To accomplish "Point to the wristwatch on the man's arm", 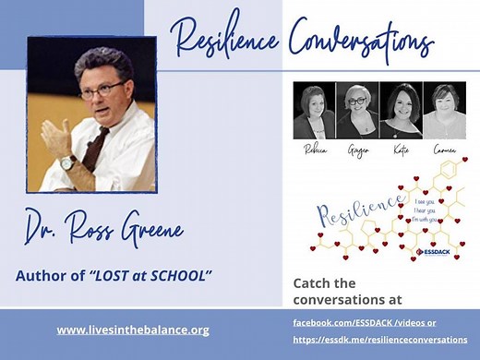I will pyautogui.click(x=67, y=162).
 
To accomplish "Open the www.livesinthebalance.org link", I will pyautogui.click(x=133, y=330).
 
